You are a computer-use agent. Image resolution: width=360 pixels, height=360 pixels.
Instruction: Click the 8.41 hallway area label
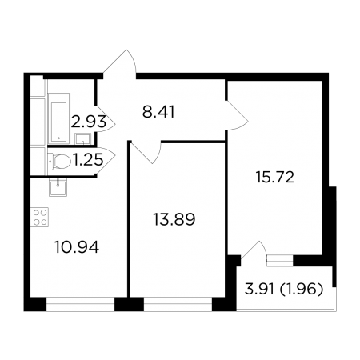158,112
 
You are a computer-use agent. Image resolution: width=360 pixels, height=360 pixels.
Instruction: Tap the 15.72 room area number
275,178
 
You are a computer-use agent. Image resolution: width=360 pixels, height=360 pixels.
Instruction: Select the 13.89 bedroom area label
174,219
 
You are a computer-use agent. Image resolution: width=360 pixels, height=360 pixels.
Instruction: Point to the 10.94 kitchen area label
77,247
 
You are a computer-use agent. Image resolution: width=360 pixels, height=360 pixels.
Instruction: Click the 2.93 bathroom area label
89,122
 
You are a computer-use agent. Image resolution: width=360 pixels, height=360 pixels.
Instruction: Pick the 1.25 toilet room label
88,160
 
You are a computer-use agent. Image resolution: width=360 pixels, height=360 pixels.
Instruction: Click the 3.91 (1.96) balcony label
284,289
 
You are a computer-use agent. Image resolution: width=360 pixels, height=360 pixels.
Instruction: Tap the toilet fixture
59,161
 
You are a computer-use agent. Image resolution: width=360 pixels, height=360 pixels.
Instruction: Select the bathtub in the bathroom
59,118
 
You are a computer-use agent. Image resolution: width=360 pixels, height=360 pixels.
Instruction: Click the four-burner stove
40,217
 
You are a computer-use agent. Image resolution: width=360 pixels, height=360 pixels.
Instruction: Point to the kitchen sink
58,187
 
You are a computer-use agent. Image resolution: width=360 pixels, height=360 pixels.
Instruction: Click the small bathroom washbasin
82,138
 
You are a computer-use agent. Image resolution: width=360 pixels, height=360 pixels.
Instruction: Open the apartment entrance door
120,64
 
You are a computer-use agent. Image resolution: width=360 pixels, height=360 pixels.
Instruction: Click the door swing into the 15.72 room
238,115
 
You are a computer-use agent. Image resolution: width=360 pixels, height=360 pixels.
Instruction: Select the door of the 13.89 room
146,152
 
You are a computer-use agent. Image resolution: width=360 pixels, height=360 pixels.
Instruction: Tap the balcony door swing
254,252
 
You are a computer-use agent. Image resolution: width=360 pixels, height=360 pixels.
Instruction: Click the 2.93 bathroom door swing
106,118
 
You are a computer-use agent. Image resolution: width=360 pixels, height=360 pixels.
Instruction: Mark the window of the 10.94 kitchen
81,304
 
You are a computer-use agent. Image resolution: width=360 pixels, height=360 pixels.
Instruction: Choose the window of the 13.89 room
178,304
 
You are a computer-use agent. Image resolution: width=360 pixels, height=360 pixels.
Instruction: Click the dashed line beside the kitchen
112,178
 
